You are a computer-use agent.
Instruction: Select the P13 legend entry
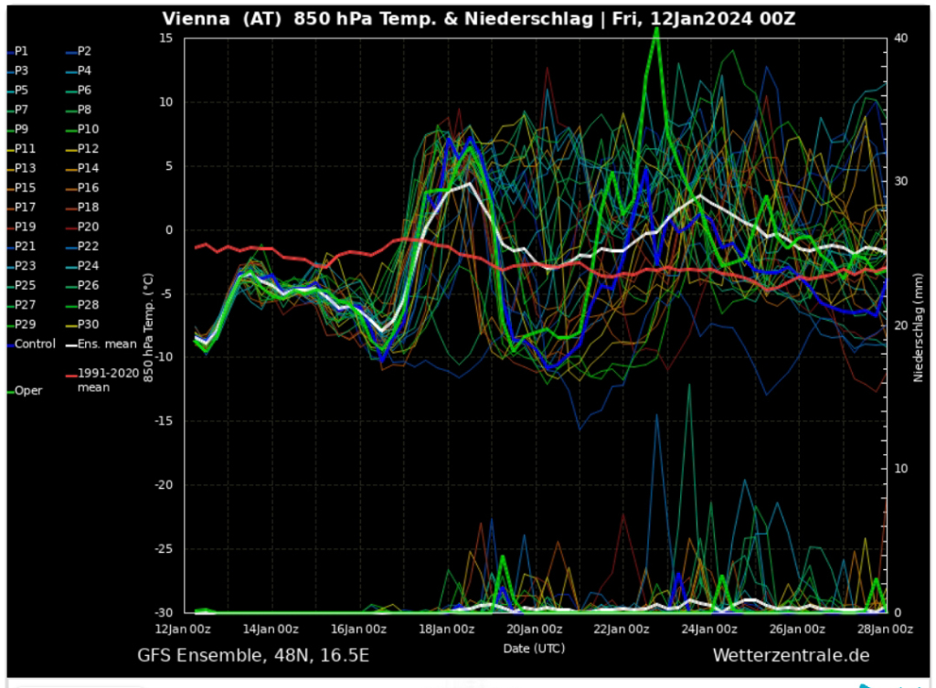(26, 168)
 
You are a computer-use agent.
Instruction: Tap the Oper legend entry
(28, 390)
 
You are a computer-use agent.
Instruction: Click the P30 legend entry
(89, 324)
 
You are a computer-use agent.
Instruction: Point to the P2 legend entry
(84, 51)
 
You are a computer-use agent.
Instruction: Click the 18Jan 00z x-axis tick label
(446, 630)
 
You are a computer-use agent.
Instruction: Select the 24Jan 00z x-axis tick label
(710, 630)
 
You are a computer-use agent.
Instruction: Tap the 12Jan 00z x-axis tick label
(183, 630)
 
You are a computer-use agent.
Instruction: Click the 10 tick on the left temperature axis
(166, 102)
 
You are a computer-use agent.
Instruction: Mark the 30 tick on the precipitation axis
(900, 181)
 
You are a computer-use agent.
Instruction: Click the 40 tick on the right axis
(900, 37)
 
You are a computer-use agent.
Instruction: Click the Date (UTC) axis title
(534, 648)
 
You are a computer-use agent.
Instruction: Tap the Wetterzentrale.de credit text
(791, 656)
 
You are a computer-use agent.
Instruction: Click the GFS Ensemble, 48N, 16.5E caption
(253, 656)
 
